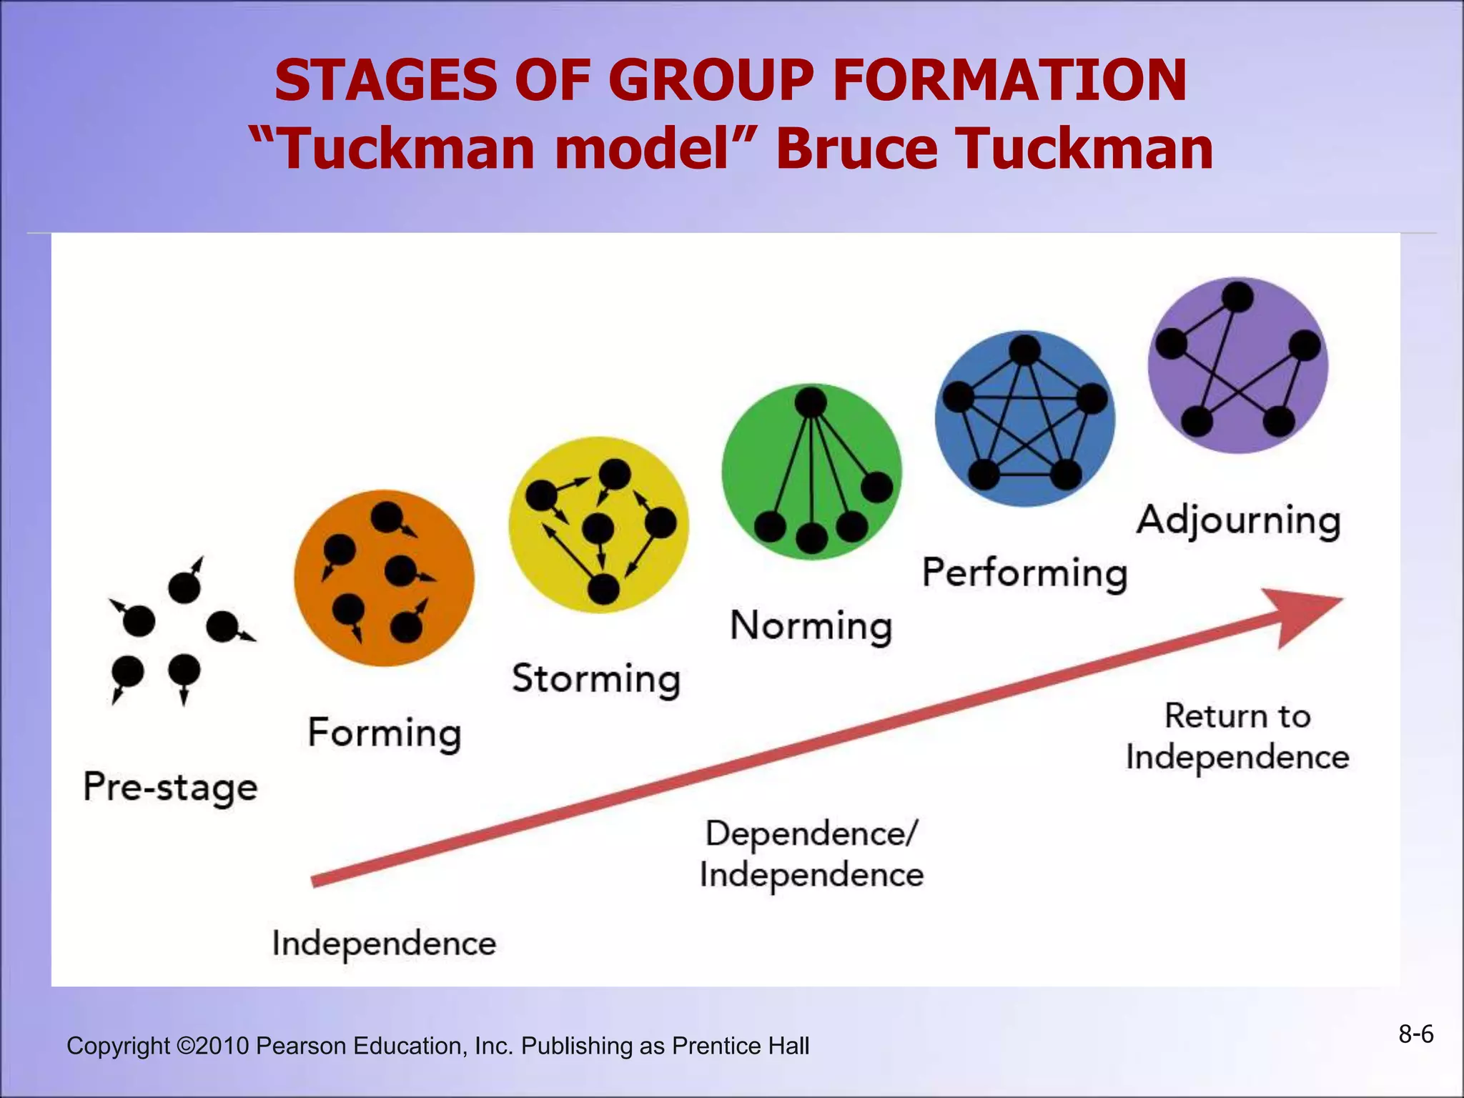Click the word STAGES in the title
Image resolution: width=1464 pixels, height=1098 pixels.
pyautogui.click(x=386, y=80)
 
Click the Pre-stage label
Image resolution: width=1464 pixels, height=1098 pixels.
pyautogui.click(x=170, y=788)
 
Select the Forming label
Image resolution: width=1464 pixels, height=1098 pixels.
pyautogui.click(x=385, y=733)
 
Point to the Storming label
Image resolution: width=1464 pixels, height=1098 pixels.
pyautogui.click(x=595, y=679)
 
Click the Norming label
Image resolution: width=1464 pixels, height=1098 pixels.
pyautogui.click(x=811, y=626)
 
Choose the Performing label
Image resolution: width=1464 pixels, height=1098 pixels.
pyautogui.click(x=1024, y=573)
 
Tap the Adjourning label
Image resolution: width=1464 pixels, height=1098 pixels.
pyautogui.click(x=1238, y=520)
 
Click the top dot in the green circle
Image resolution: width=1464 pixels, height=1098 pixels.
pyautogui.click(x=811, y=402)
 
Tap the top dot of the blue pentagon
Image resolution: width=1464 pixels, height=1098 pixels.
pyautogui.click(x=1024, y=350)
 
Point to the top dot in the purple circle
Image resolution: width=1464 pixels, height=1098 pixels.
pyautogui.click(x=1237, y=297)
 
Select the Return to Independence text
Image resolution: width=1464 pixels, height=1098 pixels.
pyautogui.click(x=1237, y=736)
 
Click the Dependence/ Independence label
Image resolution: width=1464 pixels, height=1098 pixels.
pyautogui.click(x=811, y=854)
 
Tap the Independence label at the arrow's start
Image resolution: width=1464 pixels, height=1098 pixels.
pyautogui.click(x=384, y=944)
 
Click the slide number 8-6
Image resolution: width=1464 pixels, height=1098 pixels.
pyautogui.click(x=1415, y=1034)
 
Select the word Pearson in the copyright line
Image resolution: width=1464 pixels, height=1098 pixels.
pyautogui.click(x=300, y=1046)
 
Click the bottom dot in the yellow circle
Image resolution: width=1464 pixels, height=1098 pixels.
pyautogui.click(x=603, y=589)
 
